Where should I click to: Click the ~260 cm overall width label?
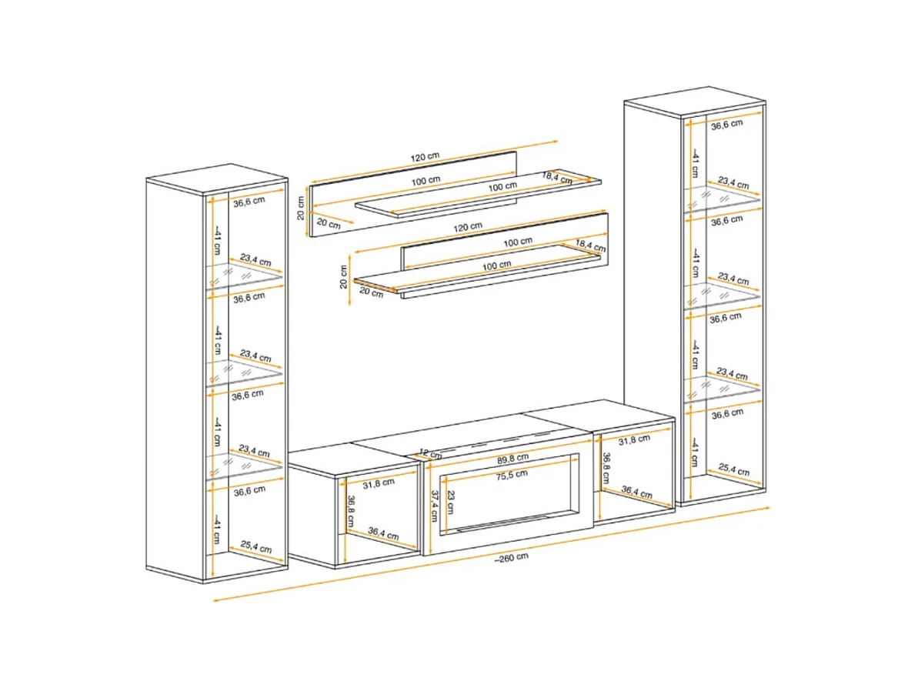[x=511, y=557]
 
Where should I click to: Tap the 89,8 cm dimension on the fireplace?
[x=512, y=457]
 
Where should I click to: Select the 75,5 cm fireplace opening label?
[x=512, y=475]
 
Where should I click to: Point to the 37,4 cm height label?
[x=435, y=506]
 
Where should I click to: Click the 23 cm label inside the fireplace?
[x=451, y=503]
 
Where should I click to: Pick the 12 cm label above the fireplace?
[x=431, y=453]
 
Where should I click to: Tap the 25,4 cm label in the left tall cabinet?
[x=255, y=547]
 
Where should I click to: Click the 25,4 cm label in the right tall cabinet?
[x=733, y=469]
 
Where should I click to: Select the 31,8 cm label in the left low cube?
[x=379, y=483]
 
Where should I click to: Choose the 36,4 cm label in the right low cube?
[x=636, y=492]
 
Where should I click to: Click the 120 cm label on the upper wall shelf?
[x=425, y=157]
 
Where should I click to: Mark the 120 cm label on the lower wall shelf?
[x=468, y=226]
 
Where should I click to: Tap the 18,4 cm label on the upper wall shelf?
[x=557, y=178]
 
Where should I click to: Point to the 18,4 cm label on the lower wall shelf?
[x=590, y=245]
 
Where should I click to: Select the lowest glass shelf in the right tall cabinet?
[x=722, y=389]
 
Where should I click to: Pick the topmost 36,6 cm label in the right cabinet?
[x=726, y=125]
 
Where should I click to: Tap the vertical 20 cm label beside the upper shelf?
[x=301, y=208]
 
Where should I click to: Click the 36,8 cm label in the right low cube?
[x=606, y=468]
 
